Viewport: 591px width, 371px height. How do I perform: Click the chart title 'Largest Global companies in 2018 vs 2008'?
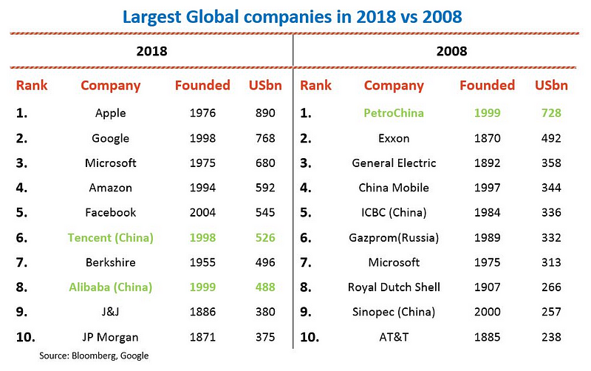[x=295, y=16]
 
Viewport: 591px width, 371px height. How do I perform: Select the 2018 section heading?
[x=151, y=52]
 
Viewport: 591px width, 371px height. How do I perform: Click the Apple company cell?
[x=111, y=113]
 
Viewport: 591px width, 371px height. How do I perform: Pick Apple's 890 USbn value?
[x=264, y=113]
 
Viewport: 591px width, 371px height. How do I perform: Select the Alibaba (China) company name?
[x=111, y=287]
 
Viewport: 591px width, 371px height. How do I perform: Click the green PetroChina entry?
[x=394, y=113]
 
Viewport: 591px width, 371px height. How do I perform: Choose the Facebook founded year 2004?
[x=202, y=212]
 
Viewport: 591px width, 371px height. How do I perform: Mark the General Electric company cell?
[x=394, y=163]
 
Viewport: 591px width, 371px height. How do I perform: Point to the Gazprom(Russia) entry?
[x=394, y=237]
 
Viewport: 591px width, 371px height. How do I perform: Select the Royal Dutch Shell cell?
[x=394, y=287]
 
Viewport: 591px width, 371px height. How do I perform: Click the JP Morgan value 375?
[x=264, y=337]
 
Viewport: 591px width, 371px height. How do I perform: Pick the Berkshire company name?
[x=111, y=262]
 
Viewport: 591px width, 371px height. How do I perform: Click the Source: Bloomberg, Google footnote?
[x=95, y=355]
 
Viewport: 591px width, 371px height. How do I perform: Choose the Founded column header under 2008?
[x=487, y=85]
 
